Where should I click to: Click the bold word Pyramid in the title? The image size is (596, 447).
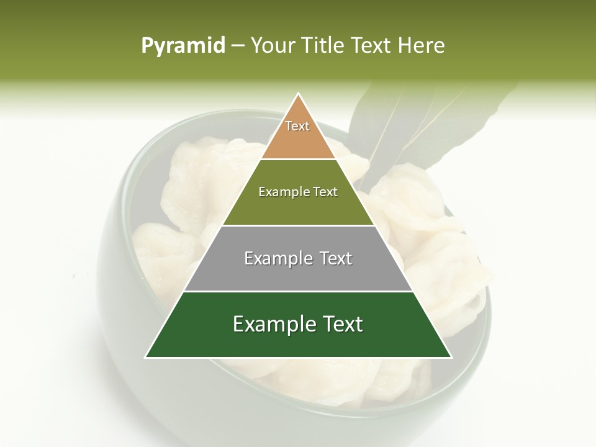tap(183, 45)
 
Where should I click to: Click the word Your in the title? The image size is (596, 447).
tap(273, 45)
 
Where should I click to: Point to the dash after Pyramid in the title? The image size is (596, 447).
tap(237, 45)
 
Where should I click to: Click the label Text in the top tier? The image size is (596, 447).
tap(297, 126)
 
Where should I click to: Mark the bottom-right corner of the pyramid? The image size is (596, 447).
tap(451, 357)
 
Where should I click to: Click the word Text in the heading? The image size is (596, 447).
tap(372, 45)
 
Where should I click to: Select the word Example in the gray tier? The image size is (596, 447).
tap(275, 258)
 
